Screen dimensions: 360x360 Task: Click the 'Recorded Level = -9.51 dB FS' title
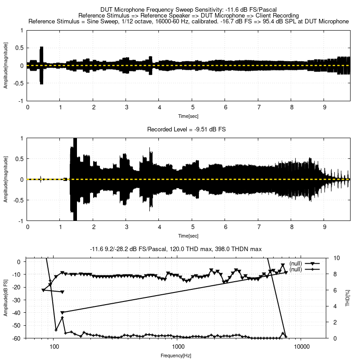(x=186, y=129)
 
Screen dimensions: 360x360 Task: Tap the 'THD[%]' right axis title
(x=347, y=298)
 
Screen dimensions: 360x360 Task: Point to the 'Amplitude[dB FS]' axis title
(x=6, y=298)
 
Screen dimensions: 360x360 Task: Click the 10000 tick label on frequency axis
(x=301, y=347)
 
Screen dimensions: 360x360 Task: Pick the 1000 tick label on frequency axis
(x=178, y=347)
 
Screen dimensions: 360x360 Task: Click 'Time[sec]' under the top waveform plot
(x=188, y=116)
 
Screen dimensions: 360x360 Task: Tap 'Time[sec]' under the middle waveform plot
(x=188, y=236)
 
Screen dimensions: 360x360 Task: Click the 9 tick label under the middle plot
(x=324, y=227)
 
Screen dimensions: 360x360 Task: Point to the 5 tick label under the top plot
(x=193, y=108)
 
